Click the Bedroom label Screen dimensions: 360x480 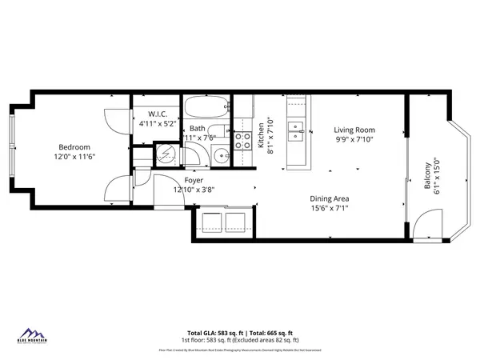(x=73, y=147)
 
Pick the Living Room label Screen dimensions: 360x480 (x=354, y=130)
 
